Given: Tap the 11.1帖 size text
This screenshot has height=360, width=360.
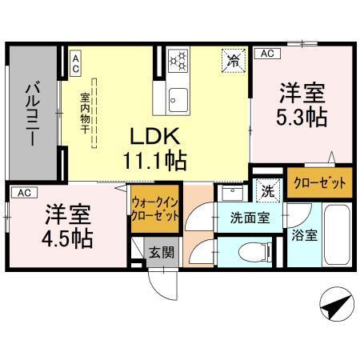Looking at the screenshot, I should pyautogui.click(x=155, y=160).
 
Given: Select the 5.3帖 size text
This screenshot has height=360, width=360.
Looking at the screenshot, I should pyautogui.click(x=302, y=117).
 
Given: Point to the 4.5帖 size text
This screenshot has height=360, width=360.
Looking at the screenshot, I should pyautogui.click(x=67, y=238).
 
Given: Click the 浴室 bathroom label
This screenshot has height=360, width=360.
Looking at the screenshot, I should pyautogui.click(x=304, y=236).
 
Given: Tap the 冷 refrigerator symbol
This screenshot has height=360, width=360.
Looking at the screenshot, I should pyautogui.click(x=234, y=60).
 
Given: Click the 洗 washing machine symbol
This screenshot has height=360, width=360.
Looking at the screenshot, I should pyautogui.click(x=266, y=191).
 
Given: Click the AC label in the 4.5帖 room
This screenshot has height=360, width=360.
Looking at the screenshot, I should pyautogui.click(x=23, y=193).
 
